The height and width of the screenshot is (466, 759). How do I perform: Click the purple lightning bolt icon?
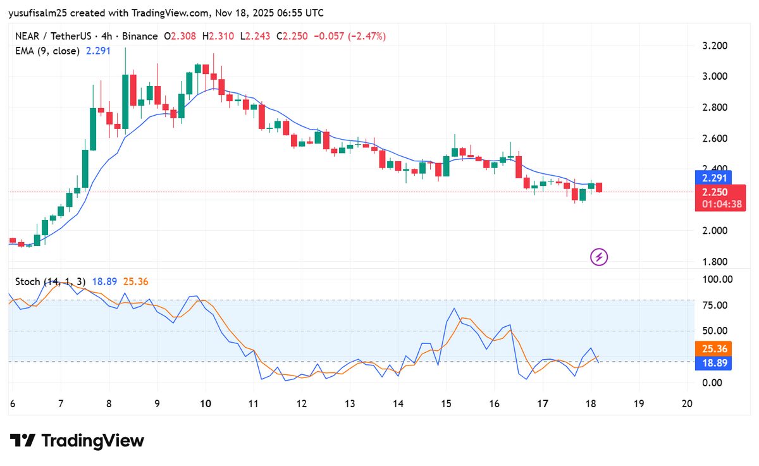click(599, 257)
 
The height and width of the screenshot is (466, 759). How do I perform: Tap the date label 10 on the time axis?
click(205, 403)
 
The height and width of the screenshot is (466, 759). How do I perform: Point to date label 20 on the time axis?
click(687, 403)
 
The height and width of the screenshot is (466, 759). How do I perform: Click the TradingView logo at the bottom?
click(77, 441)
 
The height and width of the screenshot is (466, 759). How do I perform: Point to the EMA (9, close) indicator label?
click(47, 51)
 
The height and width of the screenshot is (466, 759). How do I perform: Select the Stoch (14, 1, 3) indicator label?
click(49, 281)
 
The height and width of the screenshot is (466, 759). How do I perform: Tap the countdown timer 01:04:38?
click(720, 204)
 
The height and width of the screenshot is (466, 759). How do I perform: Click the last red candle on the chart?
click(599, 187)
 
